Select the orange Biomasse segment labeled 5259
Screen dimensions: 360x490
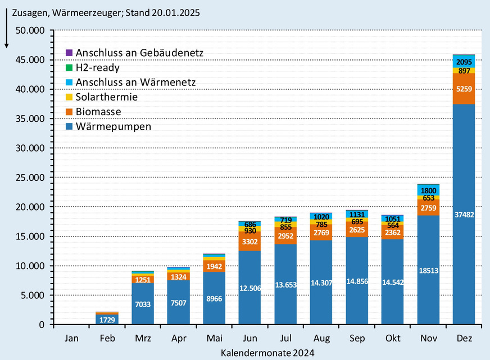(464, 89)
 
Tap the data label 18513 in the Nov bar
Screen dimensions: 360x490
(428, 270)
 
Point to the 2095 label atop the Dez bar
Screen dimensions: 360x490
(464, 62)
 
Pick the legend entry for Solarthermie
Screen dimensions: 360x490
(106, 97)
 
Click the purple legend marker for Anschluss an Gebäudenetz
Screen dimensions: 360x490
(69, 53)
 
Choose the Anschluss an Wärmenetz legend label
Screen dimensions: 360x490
(135, 83)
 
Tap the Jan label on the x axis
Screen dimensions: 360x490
(71, 339)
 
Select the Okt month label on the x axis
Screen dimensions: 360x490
(392, 339)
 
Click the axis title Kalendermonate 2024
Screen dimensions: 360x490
(267, 353)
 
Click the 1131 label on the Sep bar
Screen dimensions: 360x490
(357, 213)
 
